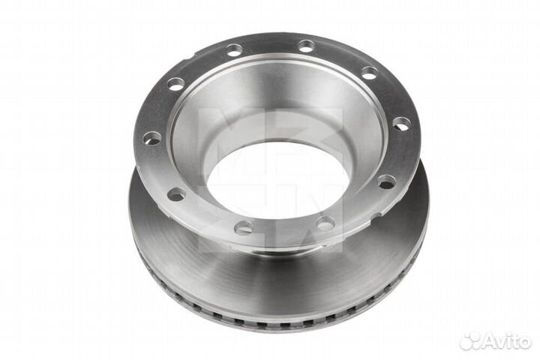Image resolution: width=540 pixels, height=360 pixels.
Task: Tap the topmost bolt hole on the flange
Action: click(x=306, y=46)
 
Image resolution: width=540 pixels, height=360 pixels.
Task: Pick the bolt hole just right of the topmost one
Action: click(x=370, y=73)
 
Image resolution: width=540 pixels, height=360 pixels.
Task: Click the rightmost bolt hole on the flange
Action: click(x=401, y=124)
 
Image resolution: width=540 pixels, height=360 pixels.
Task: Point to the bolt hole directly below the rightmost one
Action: click(x=387, y=181)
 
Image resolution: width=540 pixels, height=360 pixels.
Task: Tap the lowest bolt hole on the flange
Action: click(x=244, y=227)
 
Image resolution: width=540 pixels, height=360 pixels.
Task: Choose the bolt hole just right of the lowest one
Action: click(x=325, y=223)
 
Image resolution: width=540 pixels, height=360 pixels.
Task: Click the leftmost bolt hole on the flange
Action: click(x=151, y=138)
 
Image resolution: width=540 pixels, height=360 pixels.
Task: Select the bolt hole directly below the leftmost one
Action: click(x=177, y=194)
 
